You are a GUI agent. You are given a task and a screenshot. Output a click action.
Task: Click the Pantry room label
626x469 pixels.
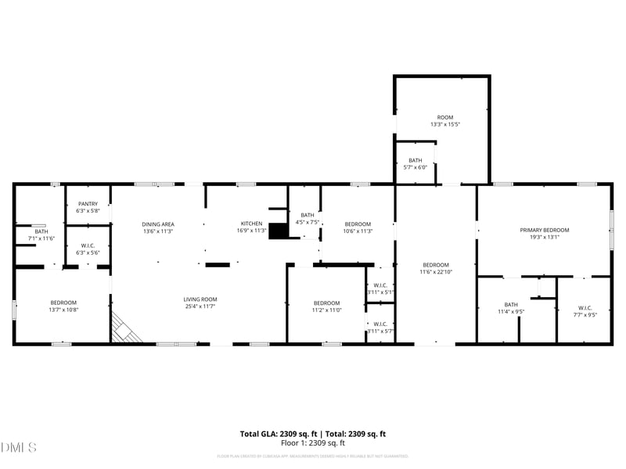88,204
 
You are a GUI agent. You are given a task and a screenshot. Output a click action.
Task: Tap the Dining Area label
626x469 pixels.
157,224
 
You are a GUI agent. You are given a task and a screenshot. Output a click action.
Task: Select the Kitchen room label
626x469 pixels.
251,224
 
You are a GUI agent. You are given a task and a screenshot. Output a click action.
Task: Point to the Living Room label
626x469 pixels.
200,299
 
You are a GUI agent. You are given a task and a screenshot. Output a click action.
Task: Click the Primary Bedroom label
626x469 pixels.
545,230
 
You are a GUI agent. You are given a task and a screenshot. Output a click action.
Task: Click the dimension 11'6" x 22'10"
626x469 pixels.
436,272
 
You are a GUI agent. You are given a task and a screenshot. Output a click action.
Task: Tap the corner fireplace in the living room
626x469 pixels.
124,328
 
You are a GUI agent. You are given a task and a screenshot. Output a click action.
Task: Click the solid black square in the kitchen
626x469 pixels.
279,231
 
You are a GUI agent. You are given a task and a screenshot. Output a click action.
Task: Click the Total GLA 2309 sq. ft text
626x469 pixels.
279,434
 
